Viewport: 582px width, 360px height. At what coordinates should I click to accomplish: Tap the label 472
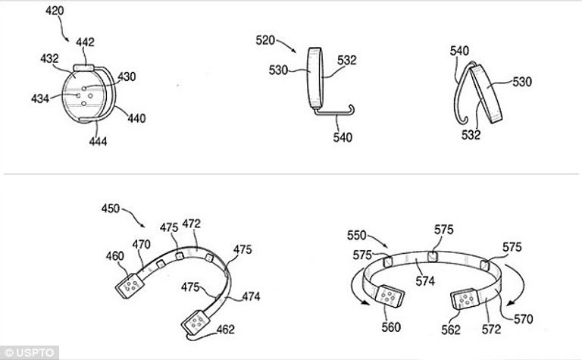(191, 224)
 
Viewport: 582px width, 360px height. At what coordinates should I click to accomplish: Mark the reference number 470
(142, 244)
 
